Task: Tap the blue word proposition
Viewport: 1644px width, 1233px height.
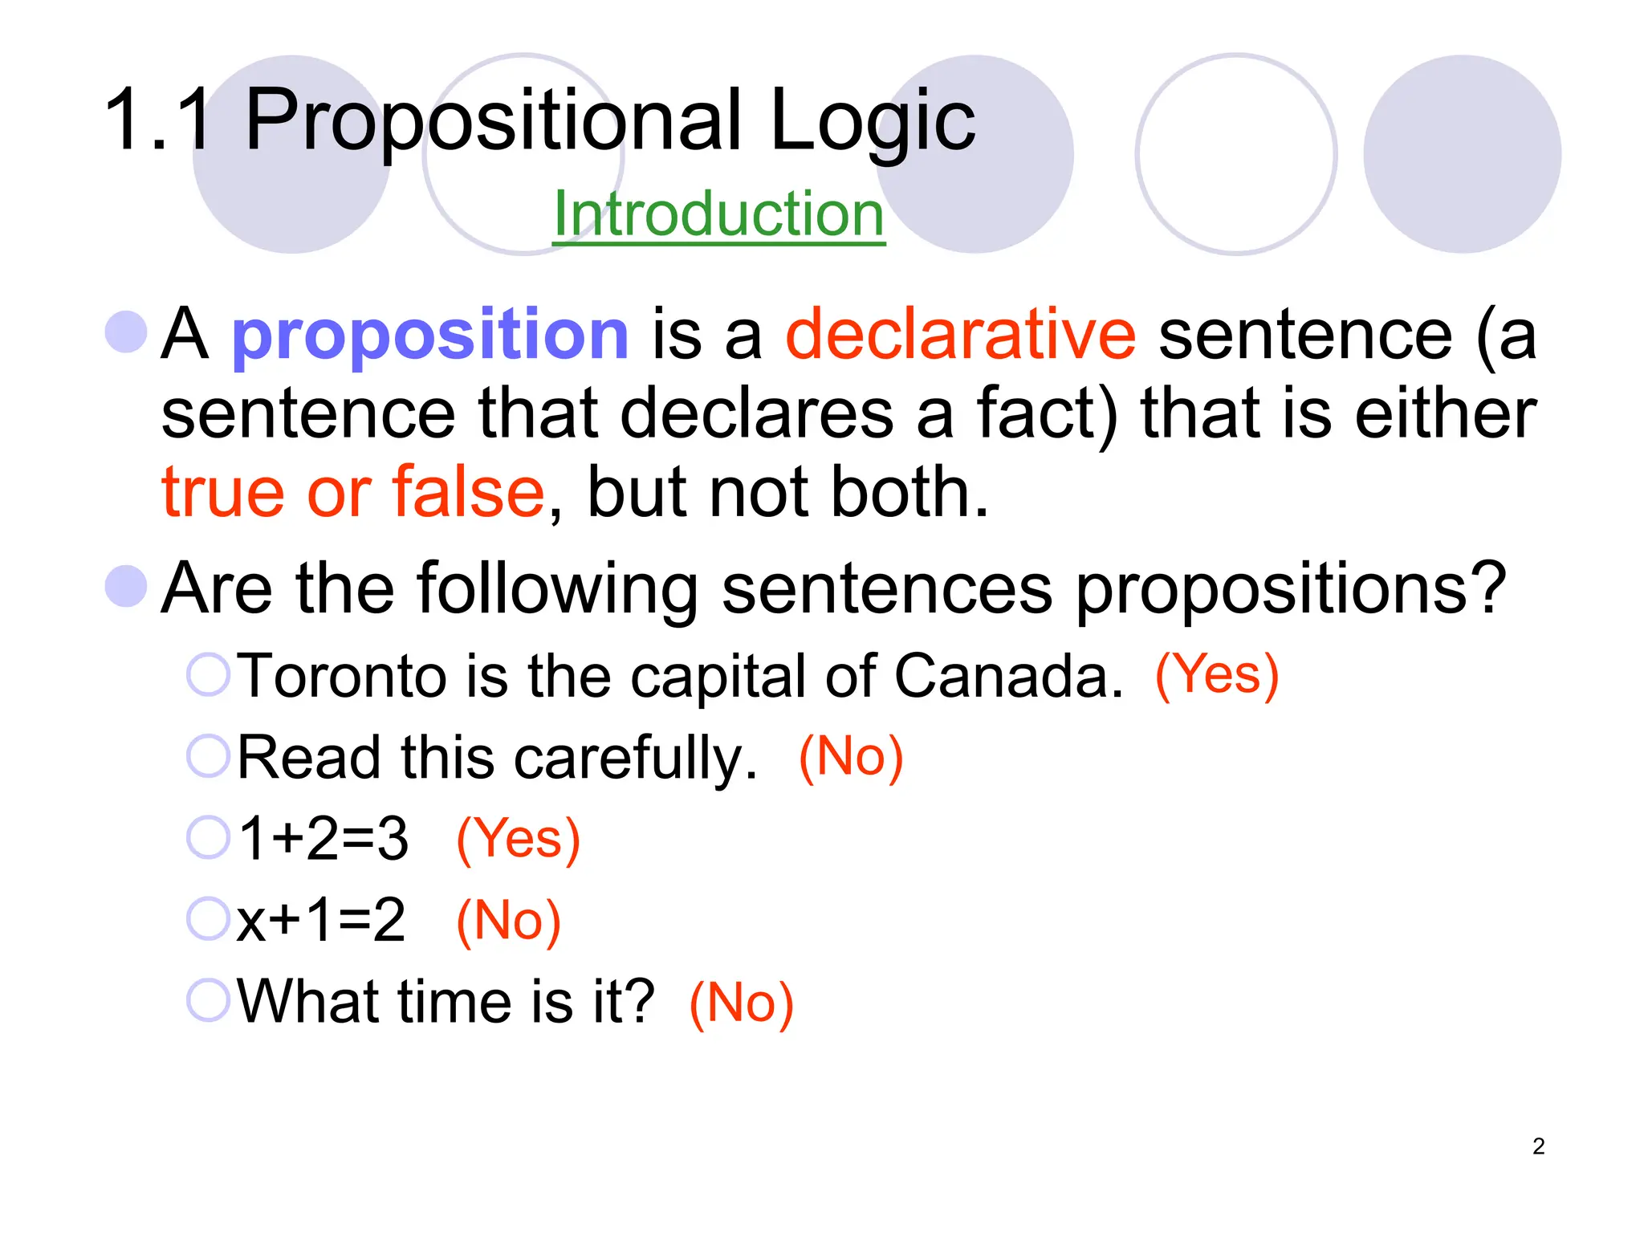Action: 430,335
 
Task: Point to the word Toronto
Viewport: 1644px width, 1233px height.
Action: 343,676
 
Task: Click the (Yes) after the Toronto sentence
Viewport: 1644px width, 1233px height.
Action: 1216,674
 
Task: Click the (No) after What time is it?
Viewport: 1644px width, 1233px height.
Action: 741,1003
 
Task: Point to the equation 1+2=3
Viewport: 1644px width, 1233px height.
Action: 324,838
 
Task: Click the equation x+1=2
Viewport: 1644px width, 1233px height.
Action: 321,920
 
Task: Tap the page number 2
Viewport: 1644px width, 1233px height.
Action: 1538,1146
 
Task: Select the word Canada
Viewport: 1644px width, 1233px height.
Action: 1008,676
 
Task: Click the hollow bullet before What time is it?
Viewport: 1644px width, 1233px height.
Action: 209,1000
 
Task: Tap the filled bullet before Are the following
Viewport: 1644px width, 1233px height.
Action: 127,586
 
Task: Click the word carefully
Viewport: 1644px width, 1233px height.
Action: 635,758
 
